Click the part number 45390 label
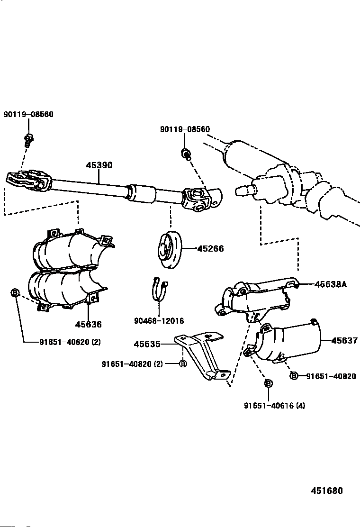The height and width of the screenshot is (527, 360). click(x=99, y=165)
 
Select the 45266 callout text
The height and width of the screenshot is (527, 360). click(x=210, y=248)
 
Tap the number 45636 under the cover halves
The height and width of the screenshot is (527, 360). click(x=88, y=325)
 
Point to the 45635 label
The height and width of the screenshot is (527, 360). click(x=147, y=344)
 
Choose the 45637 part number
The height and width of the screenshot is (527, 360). click(x=344, y=340)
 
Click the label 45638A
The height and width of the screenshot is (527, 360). click(x=331, y=284)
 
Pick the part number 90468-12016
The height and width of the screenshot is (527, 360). click(x=159, y=321)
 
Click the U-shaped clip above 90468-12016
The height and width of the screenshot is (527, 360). click(x=160, y=290)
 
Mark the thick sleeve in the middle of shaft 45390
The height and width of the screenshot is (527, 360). click(x=140, y=193)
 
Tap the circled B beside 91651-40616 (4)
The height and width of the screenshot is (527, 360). click(x=268, y=383)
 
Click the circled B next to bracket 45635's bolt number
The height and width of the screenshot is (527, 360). click(x=182, y=363)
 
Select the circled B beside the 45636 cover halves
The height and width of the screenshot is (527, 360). click(x=15, y=293)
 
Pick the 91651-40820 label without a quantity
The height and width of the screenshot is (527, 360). click(x=331, y=376)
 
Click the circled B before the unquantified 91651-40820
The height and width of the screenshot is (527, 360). click(x=294, y=376)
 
